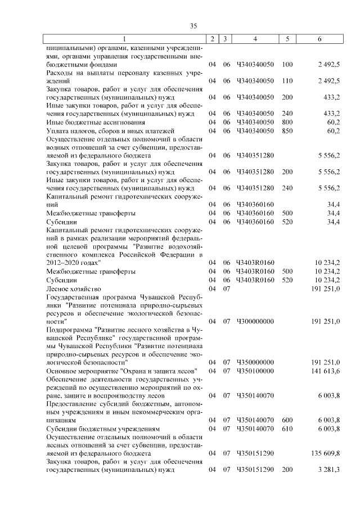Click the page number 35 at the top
pos(193,26)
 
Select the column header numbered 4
pos(255,39)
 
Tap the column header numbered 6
pos(319,39)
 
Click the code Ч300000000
pos(255,321)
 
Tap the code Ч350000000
pos(255,363)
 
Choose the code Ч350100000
pos(255,371)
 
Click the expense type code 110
pos(287,81)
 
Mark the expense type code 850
pos(287,130)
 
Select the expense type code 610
pos(287,429)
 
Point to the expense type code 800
pos(287,121)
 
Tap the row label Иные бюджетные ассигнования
pos(88,121)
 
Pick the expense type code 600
pos(287,420)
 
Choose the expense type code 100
pos(287,65)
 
